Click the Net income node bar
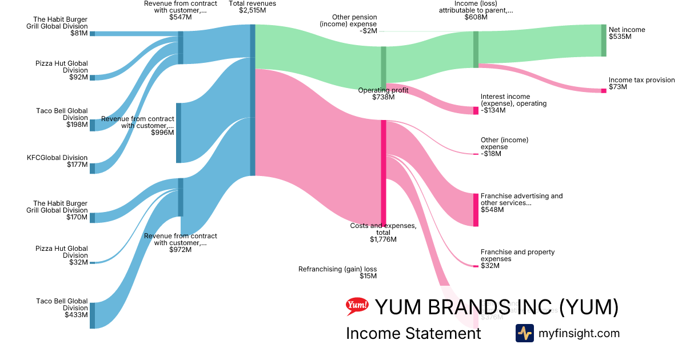click(603, 40)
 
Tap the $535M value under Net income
click(620, 37)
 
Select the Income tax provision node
click(603, 90)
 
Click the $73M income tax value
click(618, 87)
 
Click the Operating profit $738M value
click(384, 97)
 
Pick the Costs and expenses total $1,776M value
click(383, 239)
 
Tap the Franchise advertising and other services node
click(476, 210)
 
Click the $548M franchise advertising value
click(492, 210)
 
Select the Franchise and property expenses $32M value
click(490, 266)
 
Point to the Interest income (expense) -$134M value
click(493, 110)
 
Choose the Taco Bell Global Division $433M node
click(93, 315)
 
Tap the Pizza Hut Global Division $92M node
click(93, 77)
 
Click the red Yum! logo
click(357, 307)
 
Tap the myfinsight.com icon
click(524, 333)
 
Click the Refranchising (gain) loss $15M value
click(368, 276)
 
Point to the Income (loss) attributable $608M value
click(476, 17)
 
